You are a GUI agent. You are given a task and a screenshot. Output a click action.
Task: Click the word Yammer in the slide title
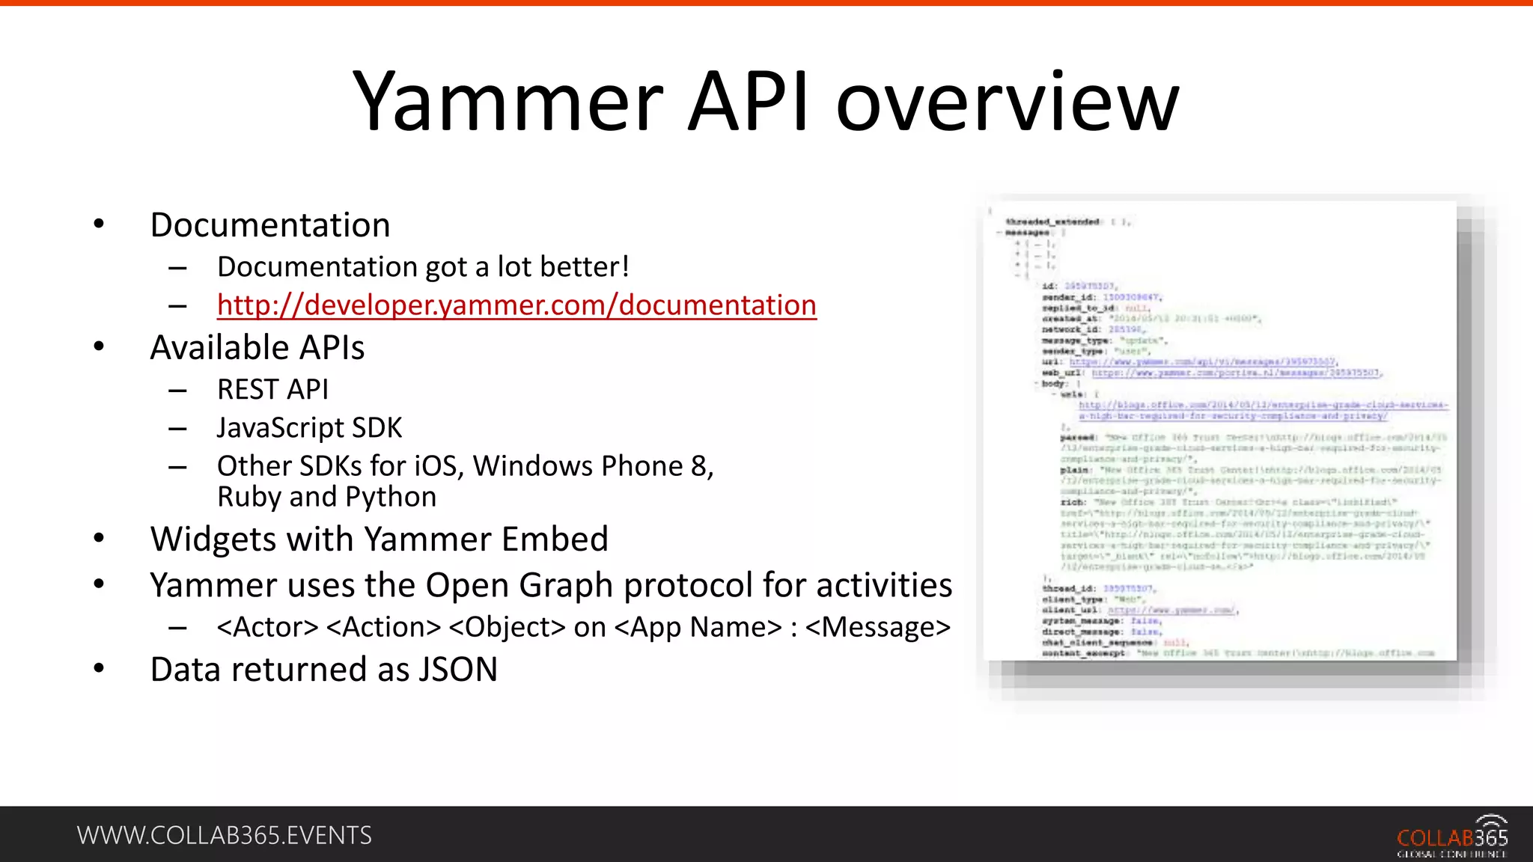tap(508, 103)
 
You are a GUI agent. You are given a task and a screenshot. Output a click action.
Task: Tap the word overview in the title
tap(1007, 103)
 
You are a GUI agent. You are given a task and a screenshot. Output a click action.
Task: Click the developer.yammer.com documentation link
tap(516, 305)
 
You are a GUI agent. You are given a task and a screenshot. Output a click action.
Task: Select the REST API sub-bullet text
tap(272, 390)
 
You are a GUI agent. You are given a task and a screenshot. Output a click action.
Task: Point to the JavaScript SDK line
tap(309, 428)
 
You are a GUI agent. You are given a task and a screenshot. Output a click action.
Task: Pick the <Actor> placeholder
tap(267, 627)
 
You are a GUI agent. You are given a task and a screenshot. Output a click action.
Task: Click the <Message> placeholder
tap(877, 627)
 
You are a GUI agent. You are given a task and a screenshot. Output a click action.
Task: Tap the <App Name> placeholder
tap(698, 627)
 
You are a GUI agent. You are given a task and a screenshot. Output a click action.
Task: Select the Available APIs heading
tap(257, 348)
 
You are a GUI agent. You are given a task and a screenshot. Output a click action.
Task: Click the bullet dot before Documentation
tap(99, 224)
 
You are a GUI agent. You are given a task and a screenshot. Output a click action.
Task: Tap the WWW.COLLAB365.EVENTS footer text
tap(224, 835)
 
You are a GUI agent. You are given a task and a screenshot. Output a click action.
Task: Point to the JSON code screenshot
tap(1220, 431)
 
